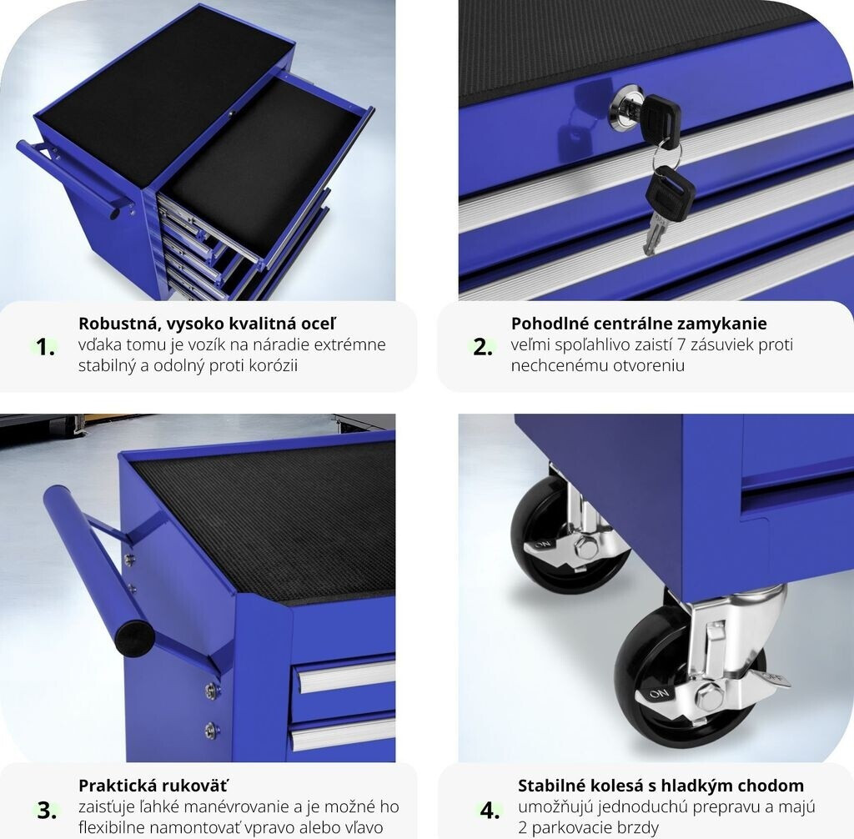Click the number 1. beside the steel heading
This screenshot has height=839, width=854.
coord(45,347)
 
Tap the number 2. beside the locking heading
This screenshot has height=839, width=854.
coord(483,347)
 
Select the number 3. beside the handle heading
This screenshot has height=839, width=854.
coord(47,811)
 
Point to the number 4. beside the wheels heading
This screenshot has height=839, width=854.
coord(490,811)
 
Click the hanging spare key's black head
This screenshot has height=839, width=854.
coord(671,194)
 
